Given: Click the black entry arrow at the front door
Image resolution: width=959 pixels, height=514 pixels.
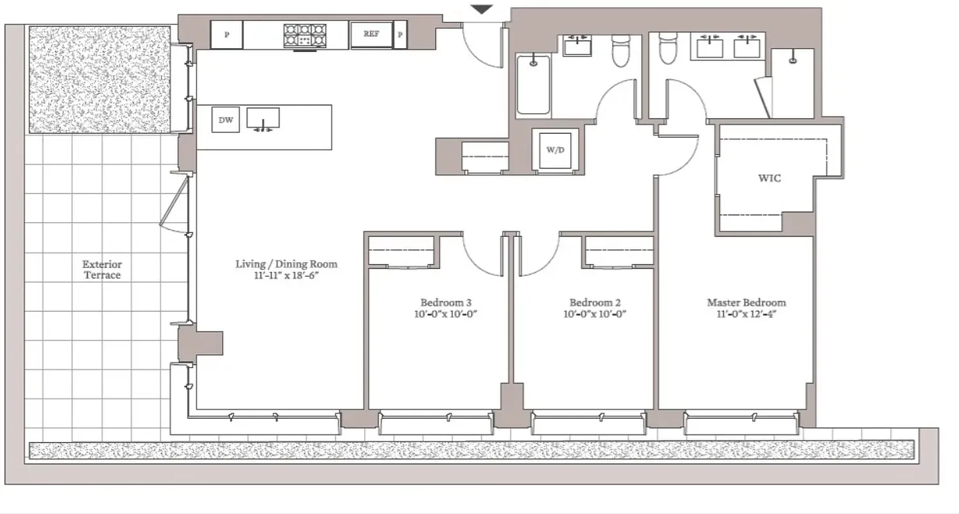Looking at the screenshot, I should coord(482,9).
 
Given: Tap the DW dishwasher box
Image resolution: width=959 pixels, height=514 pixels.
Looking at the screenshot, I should coord(225,120).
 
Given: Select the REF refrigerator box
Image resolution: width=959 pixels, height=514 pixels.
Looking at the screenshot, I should coord(371,35).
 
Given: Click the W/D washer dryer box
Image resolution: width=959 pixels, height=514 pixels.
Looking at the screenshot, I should coord(554,150).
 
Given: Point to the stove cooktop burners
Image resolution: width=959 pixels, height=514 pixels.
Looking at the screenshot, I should coord(306,35).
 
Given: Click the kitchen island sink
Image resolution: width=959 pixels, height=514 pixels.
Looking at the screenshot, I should coord(263,119).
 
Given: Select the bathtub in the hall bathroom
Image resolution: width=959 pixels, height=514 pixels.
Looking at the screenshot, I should coord(533,85).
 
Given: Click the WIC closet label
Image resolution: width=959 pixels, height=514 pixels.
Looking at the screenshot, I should coord(770,178).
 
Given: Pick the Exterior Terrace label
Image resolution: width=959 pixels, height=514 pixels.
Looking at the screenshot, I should coord(101,269).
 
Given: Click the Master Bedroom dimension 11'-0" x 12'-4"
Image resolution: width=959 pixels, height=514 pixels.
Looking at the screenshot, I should coord(746,314).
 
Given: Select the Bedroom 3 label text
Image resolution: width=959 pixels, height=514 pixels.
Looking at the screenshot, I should coord(446,303).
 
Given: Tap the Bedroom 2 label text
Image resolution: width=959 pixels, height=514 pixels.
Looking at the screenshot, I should coord(595,303).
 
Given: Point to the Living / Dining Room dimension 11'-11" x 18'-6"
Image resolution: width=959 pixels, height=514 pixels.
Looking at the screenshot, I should coord(286,276).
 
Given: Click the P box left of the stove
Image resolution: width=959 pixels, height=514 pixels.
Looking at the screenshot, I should coord(227,35).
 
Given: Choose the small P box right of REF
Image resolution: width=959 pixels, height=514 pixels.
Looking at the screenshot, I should coord(400,35).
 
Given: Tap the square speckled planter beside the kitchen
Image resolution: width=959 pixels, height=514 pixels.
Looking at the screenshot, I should coord(100,79).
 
